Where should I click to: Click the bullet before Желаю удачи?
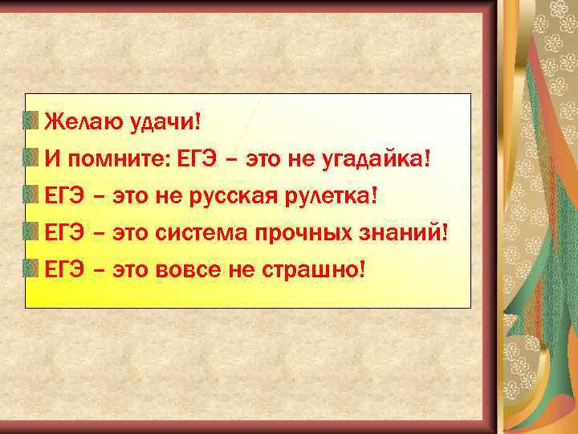click(31, 121)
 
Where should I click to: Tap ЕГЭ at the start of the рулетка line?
click(64, 195)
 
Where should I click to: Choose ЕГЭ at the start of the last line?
click(64, 269)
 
